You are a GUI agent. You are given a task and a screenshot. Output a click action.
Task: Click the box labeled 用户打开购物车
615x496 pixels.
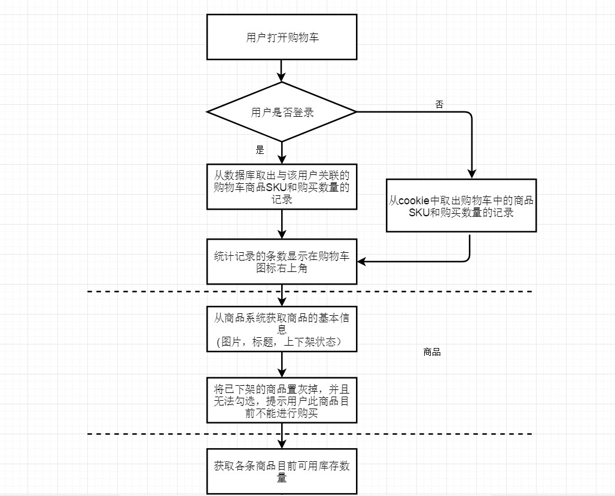click(x=282, y=37)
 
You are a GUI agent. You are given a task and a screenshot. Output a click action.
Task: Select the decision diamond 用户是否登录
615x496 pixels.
click(x=282, y=112)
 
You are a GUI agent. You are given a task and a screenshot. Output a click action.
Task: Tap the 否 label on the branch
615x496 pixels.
click(x=440, y=104)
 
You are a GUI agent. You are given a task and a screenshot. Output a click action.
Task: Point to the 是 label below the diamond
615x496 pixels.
click(x=260, y=150)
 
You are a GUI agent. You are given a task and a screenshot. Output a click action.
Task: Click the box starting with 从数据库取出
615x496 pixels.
click(x=282, y=187)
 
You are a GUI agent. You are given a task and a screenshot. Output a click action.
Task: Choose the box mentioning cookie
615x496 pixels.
click(x=461, y=205)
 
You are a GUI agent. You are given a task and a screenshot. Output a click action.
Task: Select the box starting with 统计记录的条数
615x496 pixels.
click(x=282, y=261)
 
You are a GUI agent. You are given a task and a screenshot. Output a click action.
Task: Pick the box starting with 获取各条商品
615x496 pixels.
click(x=282, y=471)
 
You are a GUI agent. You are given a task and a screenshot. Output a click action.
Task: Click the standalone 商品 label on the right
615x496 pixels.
click(x=431, y=352)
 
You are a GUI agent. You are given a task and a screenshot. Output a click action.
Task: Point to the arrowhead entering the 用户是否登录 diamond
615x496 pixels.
click(x=282, y=77)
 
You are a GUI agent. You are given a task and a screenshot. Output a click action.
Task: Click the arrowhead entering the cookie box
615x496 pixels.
click(x=472, y=174)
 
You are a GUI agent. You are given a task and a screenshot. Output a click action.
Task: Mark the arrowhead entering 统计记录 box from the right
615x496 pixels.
click(x=362, y=261)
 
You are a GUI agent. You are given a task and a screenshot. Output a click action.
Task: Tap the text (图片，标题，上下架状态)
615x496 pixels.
click(x=279, y=342)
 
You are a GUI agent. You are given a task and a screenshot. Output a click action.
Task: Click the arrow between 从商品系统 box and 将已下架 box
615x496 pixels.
click(x=282, y=364)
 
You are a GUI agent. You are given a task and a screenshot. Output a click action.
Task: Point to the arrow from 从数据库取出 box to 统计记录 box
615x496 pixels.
click(x=282, y=224)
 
